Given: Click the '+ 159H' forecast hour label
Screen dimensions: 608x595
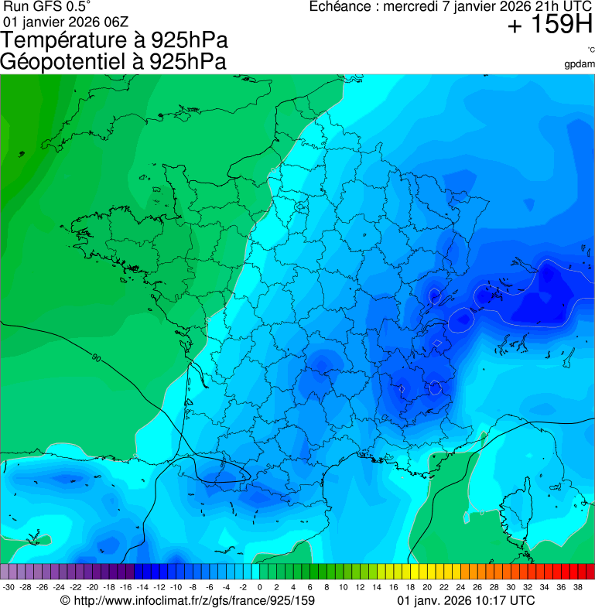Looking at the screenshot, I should click(x=549, y=26).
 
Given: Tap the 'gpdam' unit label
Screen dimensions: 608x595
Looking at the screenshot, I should click(x=580, y=64).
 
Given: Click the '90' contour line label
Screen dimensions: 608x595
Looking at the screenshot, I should click(x=95, y=357).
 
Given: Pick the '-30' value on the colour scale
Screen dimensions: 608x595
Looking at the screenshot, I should click(x=9, y=588).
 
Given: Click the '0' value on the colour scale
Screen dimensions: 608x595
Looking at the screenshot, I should click(x=259, y=588).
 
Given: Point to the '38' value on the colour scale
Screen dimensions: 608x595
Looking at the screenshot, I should click(x=578, y=588).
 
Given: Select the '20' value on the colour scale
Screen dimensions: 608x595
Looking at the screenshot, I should click(x=427, y=588).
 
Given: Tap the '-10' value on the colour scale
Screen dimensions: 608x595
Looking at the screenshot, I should click(x=176, y=588).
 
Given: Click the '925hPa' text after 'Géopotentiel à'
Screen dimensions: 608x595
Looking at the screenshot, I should click(x=186, y=62).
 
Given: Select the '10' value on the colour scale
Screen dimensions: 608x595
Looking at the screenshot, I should click(x=344, y=588).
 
